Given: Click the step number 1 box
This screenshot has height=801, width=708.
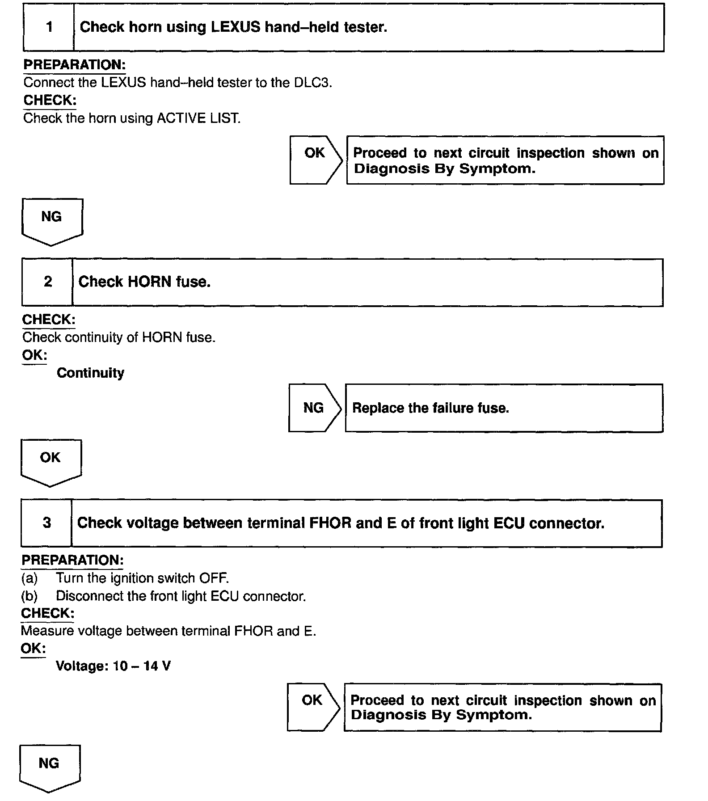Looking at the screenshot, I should tap(49, 27).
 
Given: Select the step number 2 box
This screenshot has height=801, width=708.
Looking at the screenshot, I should tap(47, 282).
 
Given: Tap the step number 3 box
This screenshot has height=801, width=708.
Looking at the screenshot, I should tap(46, 523).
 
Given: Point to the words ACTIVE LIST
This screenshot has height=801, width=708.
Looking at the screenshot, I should tap(198, 118).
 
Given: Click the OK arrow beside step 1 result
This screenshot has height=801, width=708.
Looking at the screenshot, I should tap(316, 160).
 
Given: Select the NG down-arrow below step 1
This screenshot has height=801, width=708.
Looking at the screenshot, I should tap(52, 221).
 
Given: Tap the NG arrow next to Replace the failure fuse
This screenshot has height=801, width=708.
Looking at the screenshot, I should tap(314, 408).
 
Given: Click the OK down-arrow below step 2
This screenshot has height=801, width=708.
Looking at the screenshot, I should tap(51, 462).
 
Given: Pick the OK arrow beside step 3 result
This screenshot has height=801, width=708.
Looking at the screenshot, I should tap(313, 707).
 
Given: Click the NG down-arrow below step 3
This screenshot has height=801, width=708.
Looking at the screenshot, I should tap(50, 767).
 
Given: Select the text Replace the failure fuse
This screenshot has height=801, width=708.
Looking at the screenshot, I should tap(430, 408).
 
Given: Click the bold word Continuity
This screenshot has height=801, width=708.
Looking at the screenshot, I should tap(90, 373).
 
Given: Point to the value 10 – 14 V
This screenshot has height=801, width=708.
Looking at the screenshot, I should tap(142, 666).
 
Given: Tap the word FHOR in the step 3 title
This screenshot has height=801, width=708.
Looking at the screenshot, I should tap(330, 523).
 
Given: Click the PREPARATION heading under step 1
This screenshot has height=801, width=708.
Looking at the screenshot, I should tap(74, 65).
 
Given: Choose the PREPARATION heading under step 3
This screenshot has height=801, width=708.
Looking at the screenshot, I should tap(72, 561).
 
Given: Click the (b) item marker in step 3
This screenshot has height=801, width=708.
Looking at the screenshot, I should tap(29, 596).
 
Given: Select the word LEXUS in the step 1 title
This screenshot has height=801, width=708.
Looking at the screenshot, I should tap(235, 27).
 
